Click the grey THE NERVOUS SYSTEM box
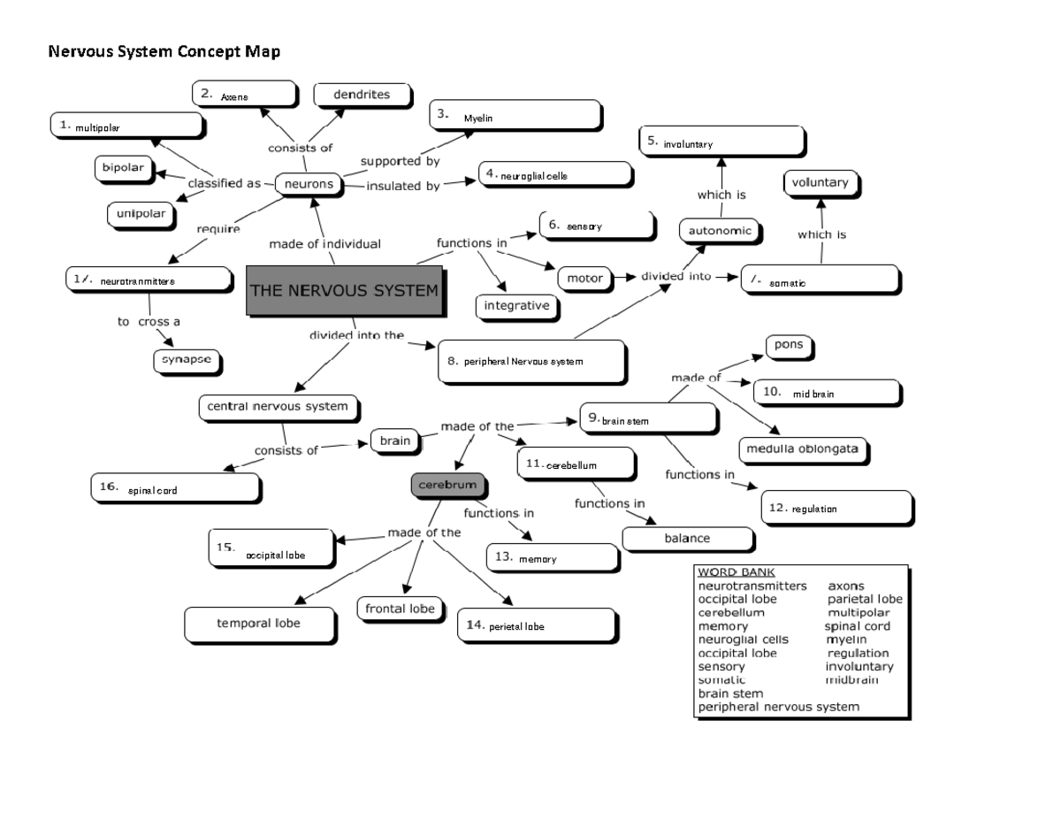click(344, 289)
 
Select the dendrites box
click(362, 95)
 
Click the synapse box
click(185, 360)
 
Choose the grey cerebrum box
click(448, 485)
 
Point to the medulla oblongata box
click(802, 448)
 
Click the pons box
click(789, 345)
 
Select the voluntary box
click(820, 183)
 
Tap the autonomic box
click(720, 231)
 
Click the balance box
click(687, 538)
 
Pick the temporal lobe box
click(259, 624)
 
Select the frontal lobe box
click(400, 609)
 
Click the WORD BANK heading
click(736, 572)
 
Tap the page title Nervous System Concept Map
click(164, 52)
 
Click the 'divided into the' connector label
click(356, 335)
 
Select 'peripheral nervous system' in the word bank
click(778, 707)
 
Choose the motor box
click(584, 278)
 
